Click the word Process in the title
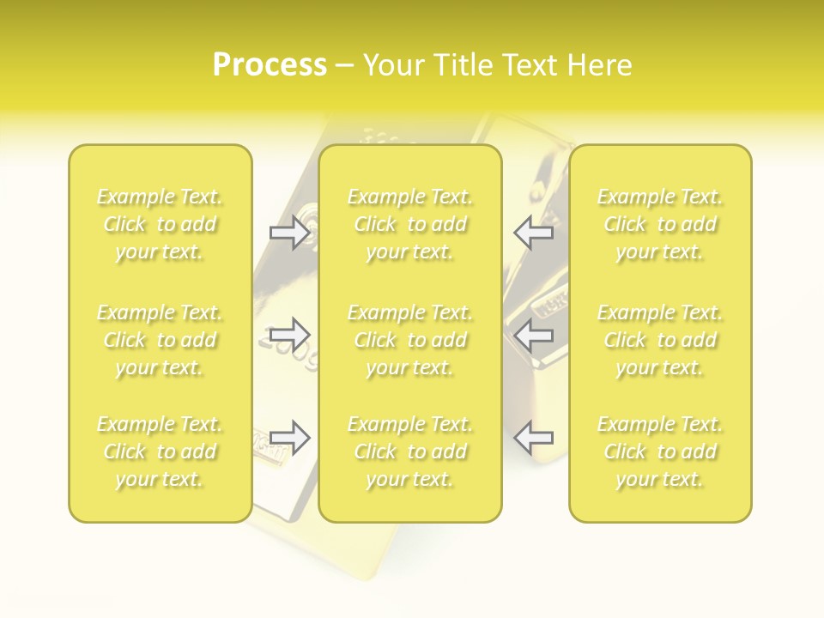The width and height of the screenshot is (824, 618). (x=270, y=64)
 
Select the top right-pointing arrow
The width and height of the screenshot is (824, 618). (x=289, y=232)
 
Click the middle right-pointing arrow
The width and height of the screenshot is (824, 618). (x=289, y=333)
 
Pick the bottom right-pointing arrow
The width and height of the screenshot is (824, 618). (x=289, y=438)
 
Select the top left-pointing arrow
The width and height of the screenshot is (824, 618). (x=534, y=232)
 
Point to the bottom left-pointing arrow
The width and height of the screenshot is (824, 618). (x=534, y=438)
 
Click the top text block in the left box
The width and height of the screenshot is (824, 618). (x=160, y=224)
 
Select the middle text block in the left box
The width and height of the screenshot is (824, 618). (x=160, y=340)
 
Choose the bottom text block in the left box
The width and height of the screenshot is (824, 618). (x=160, y=451)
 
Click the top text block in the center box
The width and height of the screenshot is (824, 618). (x=410, y=224)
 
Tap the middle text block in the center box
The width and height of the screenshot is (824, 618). (x=410, y=340)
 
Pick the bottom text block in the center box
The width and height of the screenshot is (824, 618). (x=410, y=451)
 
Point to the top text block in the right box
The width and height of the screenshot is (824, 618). (x=660, y=224)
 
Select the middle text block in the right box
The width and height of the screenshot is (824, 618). (x=660, y=340)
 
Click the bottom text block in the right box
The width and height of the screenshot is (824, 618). (x=660, y=451)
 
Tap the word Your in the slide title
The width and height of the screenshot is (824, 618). (x=394, y=64)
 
